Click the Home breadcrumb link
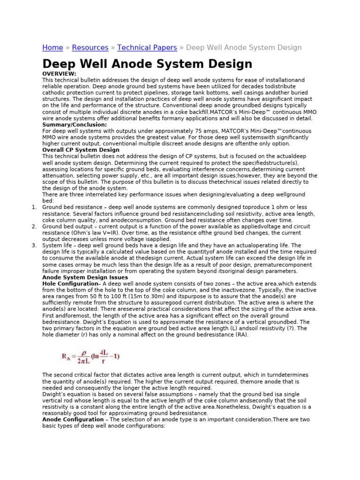(52, 48)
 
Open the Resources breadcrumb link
(90, 48)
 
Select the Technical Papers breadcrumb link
(147, 48)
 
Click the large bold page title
(147, 64)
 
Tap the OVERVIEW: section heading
(59, 74)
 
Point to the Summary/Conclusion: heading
(75, 125)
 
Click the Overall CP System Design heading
(81, 150)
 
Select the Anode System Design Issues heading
(85, 277)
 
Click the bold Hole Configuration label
(70, 284)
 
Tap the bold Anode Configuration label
(73, 420)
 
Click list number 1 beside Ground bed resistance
(34, 207)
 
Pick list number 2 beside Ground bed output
(34, 226)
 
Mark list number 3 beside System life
(34, 246)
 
